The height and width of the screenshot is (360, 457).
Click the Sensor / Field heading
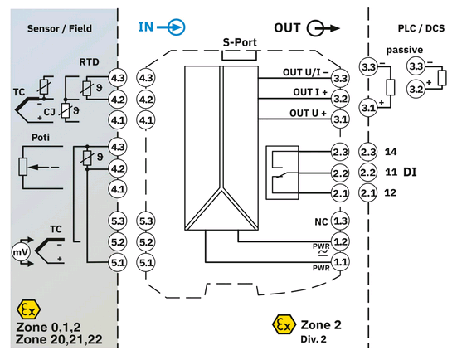tap(60, 28)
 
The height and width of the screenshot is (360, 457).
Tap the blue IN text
tap(146, 27)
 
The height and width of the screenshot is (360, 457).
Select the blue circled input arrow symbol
tap(177, 27)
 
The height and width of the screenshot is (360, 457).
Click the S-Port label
tap(240, 42)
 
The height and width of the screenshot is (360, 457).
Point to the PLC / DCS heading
tap(421, 28)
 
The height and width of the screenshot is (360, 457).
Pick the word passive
tap(405, 50)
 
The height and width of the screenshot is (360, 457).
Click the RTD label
tap(90, 62)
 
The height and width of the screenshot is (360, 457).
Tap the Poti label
tap(41, 138)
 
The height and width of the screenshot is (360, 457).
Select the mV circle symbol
tap(21, 252)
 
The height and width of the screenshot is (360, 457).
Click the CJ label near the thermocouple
tap(49, 112)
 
